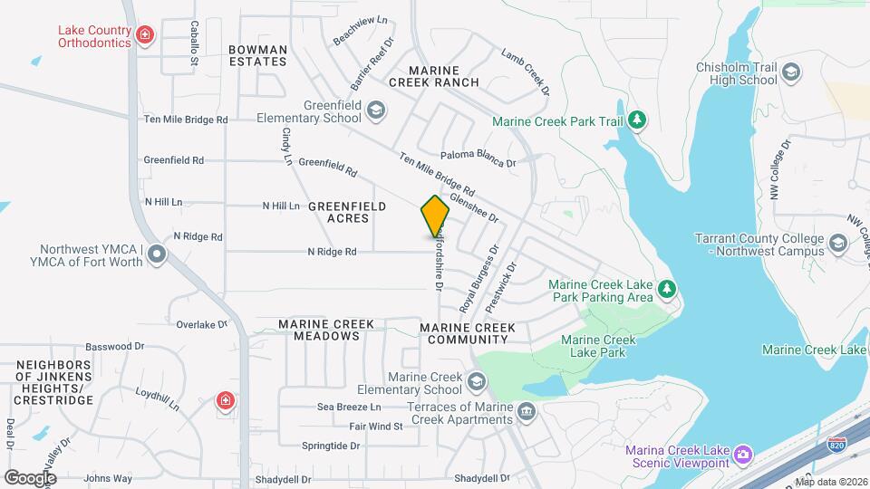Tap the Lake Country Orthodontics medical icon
144,36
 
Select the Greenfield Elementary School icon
376,110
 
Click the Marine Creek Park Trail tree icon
637,120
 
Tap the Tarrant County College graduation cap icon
838,243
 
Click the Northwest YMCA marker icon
158,254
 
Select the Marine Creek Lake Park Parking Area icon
667,289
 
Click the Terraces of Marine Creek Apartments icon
526,414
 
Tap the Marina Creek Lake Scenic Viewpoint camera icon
743,453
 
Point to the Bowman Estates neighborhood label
257,55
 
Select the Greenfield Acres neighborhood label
346,212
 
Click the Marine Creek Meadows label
319,330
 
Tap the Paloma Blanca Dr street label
478,164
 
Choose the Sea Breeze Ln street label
348,407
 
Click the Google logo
30,477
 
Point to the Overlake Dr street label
199,324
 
